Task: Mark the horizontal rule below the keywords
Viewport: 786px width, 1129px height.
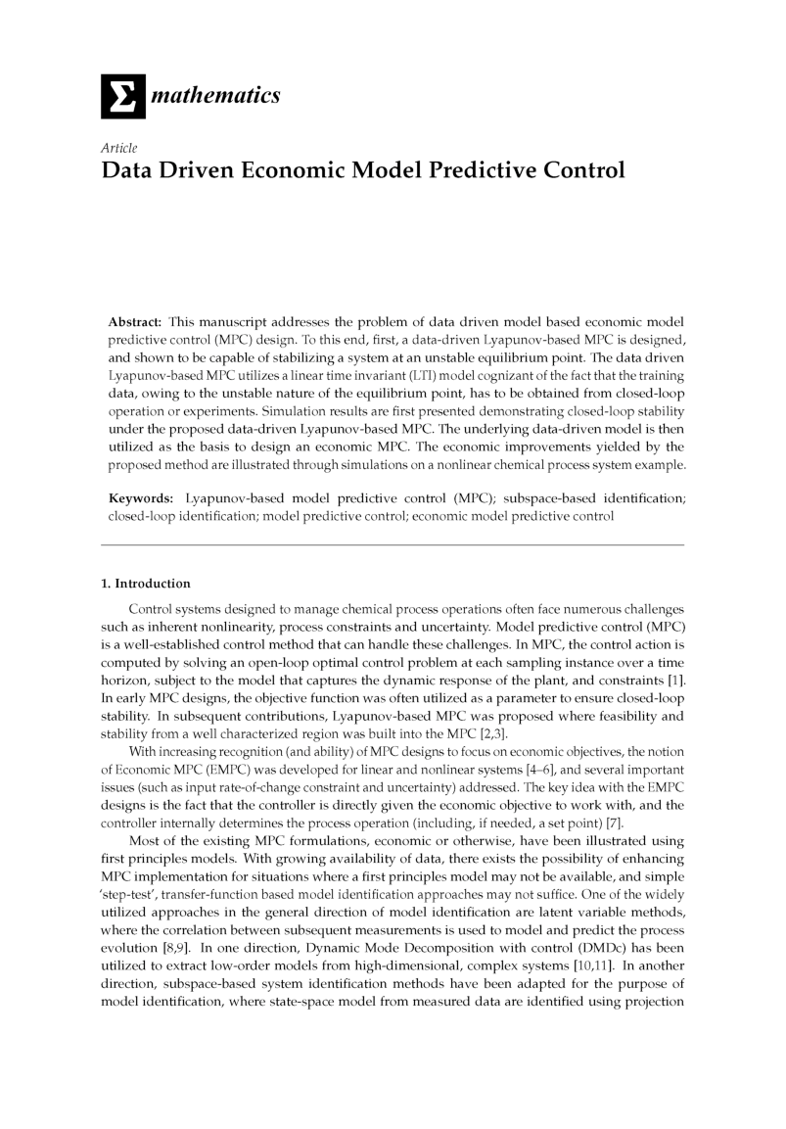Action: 393,545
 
